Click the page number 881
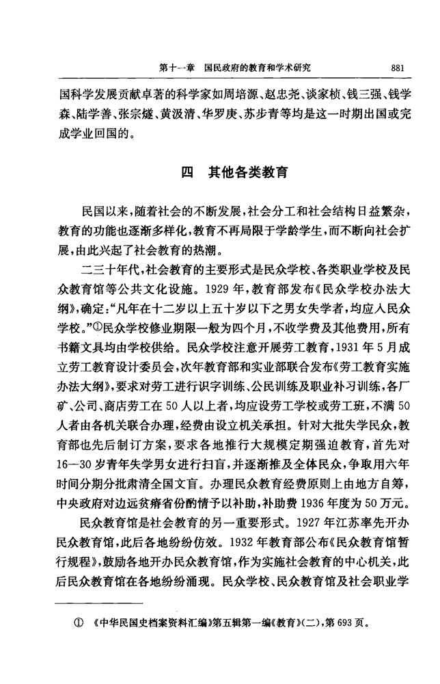click(399, 68)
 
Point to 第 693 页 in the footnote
click(346, 623)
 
